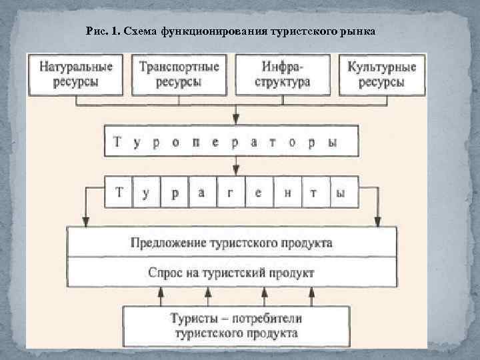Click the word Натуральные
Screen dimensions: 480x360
pos(77,67)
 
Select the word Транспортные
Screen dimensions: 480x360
pos(179,67)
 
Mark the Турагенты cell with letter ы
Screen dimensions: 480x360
pos(341,193)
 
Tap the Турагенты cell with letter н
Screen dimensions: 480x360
pos(287,193)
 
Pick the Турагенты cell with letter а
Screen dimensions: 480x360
pos(203,193)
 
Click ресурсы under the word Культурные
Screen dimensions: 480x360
pos(382,82)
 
